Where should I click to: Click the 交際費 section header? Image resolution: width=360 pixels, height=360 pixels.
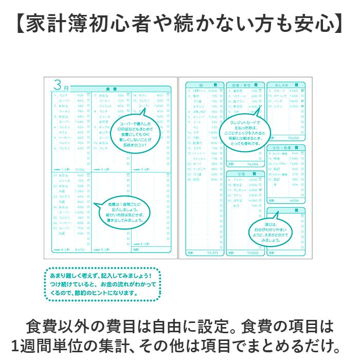click(x=245, y=173)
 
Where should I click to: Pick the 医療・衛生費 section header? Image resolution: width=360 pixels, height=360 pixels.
click(x=245, y=84)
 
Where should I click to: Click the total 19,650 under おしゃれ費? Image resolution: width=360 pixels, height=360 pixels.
click(x=293, y=138)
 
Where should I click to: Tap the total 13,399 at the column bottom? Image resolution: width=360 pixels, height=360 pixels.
click(x=212, y=253)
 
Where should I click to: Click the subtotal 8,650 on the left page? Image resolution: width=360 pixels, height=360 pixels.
click(x=79, y=250)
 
